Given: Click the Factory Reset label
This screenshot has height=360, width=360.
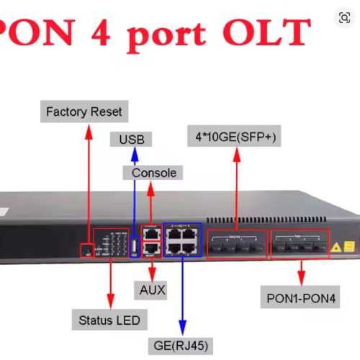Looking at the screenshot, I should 84,112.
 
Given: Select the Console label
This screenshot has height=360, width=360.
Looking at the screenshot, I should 153,173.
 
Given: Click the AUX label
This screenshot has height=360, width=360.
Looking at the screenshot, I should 151,290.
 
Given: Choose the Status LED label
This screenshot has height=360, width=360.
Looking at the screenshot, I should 109,319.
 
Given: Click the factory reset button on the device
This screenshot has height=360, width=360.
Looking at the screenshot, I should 88,251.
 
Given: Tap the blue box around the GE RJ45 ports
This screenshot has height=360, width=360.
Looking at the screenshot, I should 181,240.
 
